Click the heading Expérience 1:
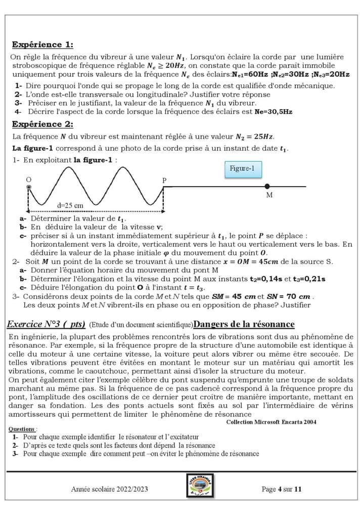pyautogui.click(x=42, y=44)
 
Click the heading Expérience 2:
pyautogui.click(x=42, y=124)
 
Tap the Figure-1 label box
pyautogui.click(x=242, y=168)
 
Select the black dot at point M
pyautogui.click(x=267, y=187)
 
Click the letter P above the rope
pyautogui.click(x=164, y=180)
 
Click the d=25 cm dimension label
pyautogui.click(x=70, y=205)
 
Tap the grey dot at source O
pyautogui.click(x=29, y=188)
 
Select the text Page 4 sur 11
pyautogui.click(x=282, y=489)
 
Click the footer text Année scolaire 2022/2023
pyautogui.click(x=110, y=489)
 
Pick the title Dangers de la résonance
pyautogui.click(x=244, y=324)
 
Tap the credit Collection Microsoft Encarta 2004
pyautogui.click(x=271, y=422)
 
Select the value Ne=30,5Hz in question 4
pyautogui.click(x=274, y=111)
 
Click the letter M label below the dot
pyautogui.click(x=269, y=196)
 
